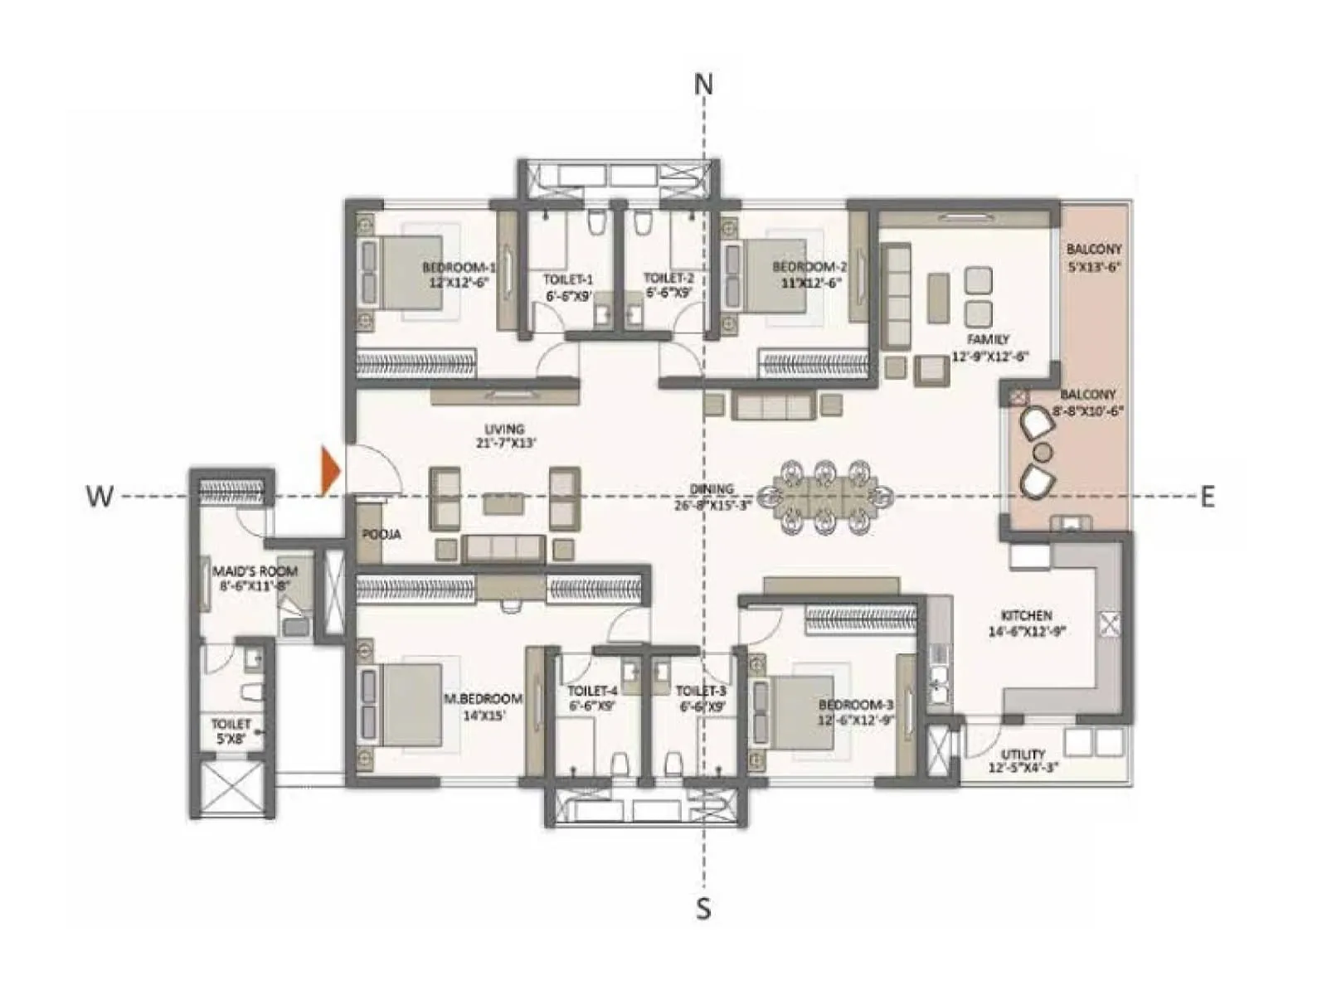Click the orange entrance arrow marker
click(x=330, y=471)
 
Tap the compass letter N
click(x=703, y=85)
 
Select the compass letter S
click(x=703, y=910)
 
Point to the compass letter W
click(x=99, y=497)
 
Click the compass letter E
click(x=1208, y=497)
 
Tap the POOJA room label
click(x=382, y=535)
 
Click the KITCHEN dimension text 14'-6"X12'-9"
click(x=1026, y=631)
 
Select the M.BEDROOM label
click(x=483, y=699)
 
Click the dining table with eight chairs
click(x=824, y=497)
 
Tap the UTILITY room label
click(x=1023, y=754)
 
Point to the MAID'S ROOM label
click(x=255, y=571)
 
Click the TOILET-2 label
click(x=668, y=279)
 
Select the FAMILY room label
click(x=988, y=339)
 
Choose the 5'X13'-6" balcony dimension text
click(x=1094, y=267)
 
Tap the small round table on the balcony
click(x=1042, y=452)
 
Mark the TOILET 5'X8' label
click(x=231, y=724)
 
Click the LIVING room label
click(x=504, y=429)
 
